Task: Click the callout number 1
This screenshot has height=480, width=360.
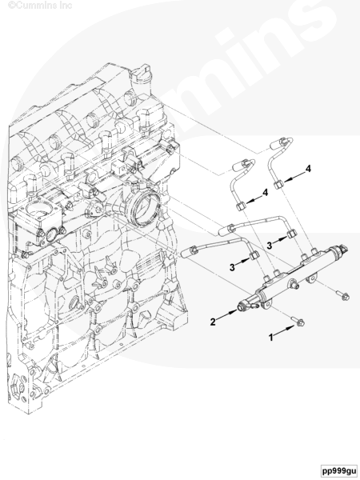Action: [271, 338]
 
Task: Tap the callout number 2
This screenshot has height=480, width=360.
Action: [213, 322]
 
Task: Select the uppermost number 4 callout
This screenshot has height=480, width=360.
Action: [308, 169]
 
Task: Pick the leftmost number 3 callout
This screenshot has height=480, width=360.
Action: [232, 267]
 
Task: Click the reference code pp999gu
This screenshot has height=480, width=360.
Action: [339, 470]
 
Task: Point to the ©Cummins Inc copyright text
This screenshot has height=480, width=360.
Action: [40, 6]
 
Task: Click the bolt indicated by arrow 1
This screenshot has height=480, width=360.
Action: [298, 321]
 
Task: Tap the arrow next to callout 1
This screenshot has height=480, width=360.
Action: [286, 330]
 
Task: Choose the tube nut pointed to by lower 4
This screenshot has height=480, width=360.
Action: [240, 206]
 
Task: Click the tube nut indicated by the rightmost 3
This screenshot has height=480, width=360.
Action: [292, 234]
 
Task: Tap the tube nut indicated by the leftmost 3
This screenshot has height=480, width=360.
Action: [254, 254]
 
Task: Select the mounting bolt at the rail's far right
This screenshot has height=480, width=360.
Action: [343, 295]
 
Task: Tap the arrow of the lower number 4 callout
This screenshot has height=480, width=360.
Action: [253, 198]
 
